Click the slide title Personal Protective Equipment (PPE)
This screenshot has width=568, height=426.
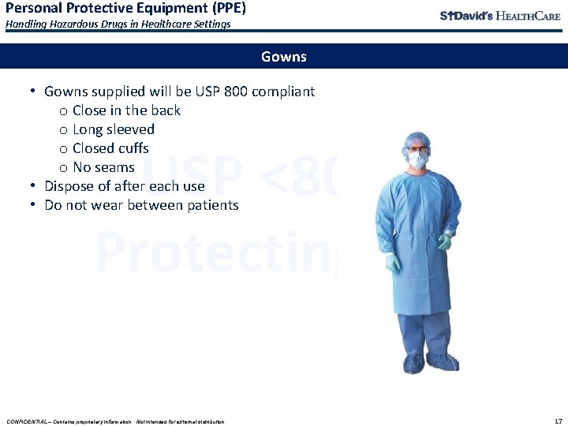point(125,9)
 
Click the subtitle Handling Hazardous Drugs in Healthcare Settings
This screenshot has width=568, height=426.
point(118,24)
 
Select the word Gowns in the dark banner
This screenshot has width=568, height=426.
point(284,57)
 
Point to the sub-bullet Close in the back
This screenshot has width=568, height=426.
point(126,110)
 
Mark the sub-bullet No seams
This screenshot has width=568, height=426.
point(103,167)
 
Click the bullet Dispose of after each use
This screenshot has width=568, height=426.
point(125,186)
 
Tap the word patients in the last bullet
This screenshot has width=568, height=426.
point(212,205)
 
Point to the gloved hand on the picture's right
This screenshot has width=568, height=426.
point(445,242)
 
